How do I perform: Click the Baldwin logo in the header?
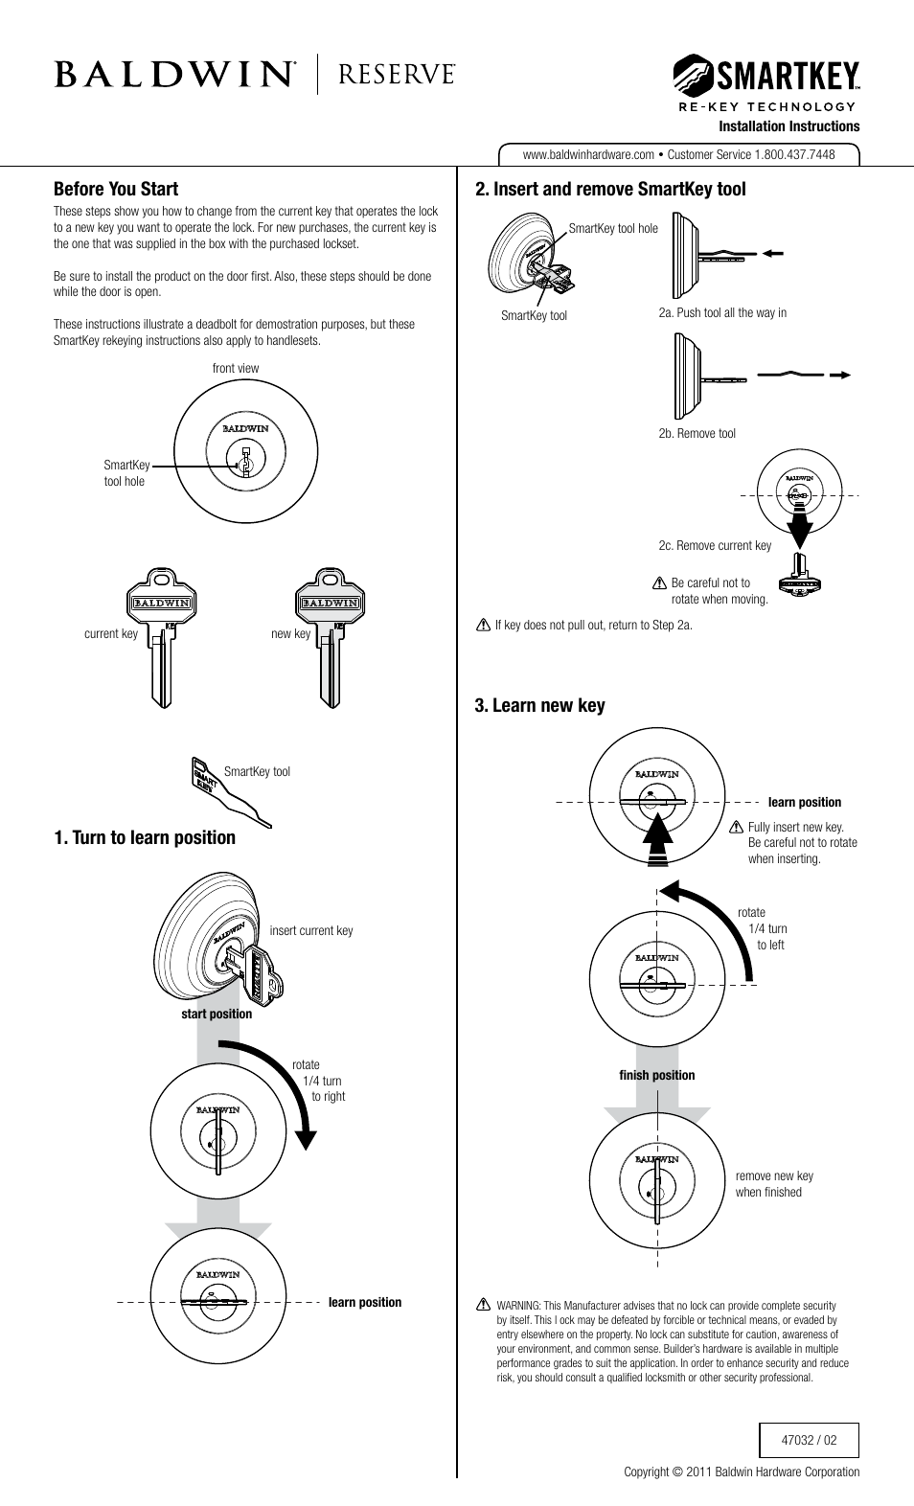point(175,75)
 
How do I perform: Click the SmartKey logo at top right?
point(766,75)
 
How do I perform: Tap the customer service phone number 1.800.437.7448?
point(794,154)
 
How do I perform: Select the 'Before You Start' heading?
point(116,189)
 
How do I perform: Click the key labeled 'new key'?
point(330,636)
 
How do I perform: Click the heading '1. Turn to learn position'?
point(145,837)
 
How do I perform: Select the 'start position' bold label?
point(217,1014)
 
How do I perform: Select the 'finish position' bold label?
point(657,1075)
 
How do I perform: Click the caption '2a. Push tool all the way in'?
point(722,312)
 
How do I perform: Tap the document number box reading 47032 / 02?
point(809,1440)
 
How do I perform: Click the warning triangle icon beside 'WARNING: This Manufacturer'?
point(484,1305)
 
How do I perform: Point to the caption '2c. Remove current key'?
point(715,545)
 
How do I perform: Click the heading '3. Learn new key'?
point(539,705)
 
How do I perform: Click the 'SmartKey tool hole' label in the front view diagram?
point(126,473)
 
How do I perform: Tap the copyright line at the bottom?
point(742,1472)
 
